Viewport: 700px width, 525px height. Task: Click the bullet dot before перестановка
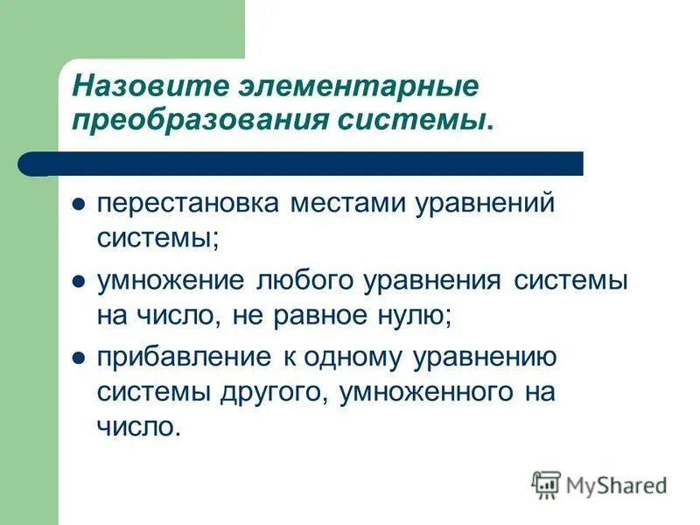click(78, 205)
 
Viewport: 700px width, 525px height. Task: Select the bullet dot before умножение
click(78, 283)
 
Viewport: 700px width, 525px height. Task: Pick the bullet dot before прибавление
click(78, 359)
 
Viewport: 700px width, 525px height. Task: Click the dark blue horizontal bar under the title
click(306, 163)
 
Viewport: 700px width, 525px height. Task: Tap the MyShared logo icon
click(547, 484)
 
